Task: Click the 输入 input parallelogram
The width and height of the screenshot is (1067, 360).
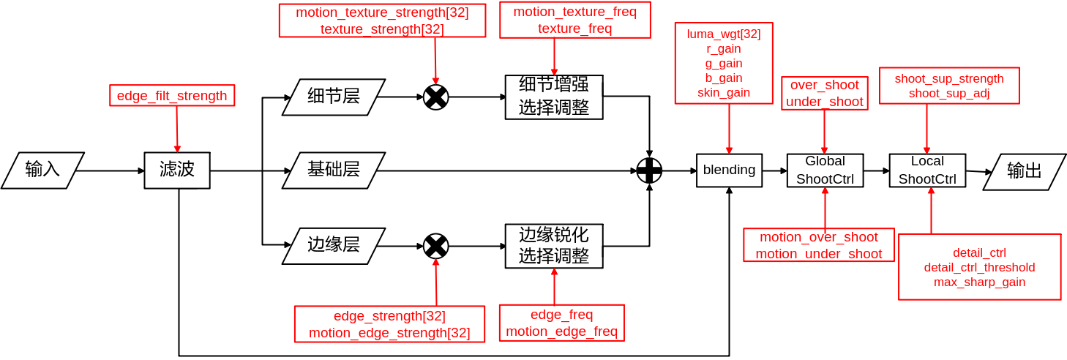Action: pos(42,170)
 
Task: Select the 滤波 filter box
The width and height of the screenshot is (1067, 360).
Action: pos(177,170)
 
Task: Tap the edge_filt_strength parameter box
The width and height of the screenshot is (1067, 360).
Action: pos(172,95)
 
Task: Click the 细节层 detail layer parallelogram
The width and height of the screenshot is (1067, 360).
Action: pos(334,97)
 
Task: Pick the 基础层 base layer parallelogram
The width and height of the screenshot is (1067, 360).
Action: pos(334,170)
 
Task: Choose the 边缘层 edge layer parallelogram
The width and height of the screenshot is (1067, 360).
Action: pos(334,245)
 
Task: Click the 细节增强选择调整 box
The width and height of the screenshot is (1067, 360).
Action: pos(554,97)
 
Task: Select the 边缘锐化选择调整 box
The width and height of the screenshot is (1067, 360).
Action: pos(554,246)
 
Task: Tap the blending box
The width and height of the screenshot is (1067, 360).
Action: pos(729,170)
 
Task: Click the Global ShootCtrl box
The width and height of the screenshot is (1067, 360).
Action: pos(825,170)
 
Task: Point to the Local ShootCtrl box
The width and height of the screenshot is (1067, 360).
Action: pos(927,170)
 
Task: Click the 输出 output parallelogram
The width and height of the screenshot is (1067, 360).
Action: pos(1025,171)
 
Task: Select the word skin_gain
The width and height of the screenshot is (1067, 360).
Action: pos(724,92)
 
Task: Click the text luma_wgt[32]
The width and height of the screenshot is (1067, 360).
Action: pos(724,34)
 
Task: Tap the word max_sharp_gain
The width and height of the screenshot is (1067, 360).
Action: pos(979,282)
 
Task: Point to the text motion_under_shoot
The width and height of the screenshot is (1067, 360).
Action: pos(819,254)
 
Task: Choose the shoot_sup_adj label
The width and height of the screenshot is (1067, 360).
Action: pos(949,93)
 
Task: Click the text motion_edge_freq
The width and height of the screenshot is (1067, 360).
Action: pos(561,331)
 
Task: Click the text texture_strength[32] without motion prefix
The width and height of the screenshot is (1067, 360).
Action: pos(382,29)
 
